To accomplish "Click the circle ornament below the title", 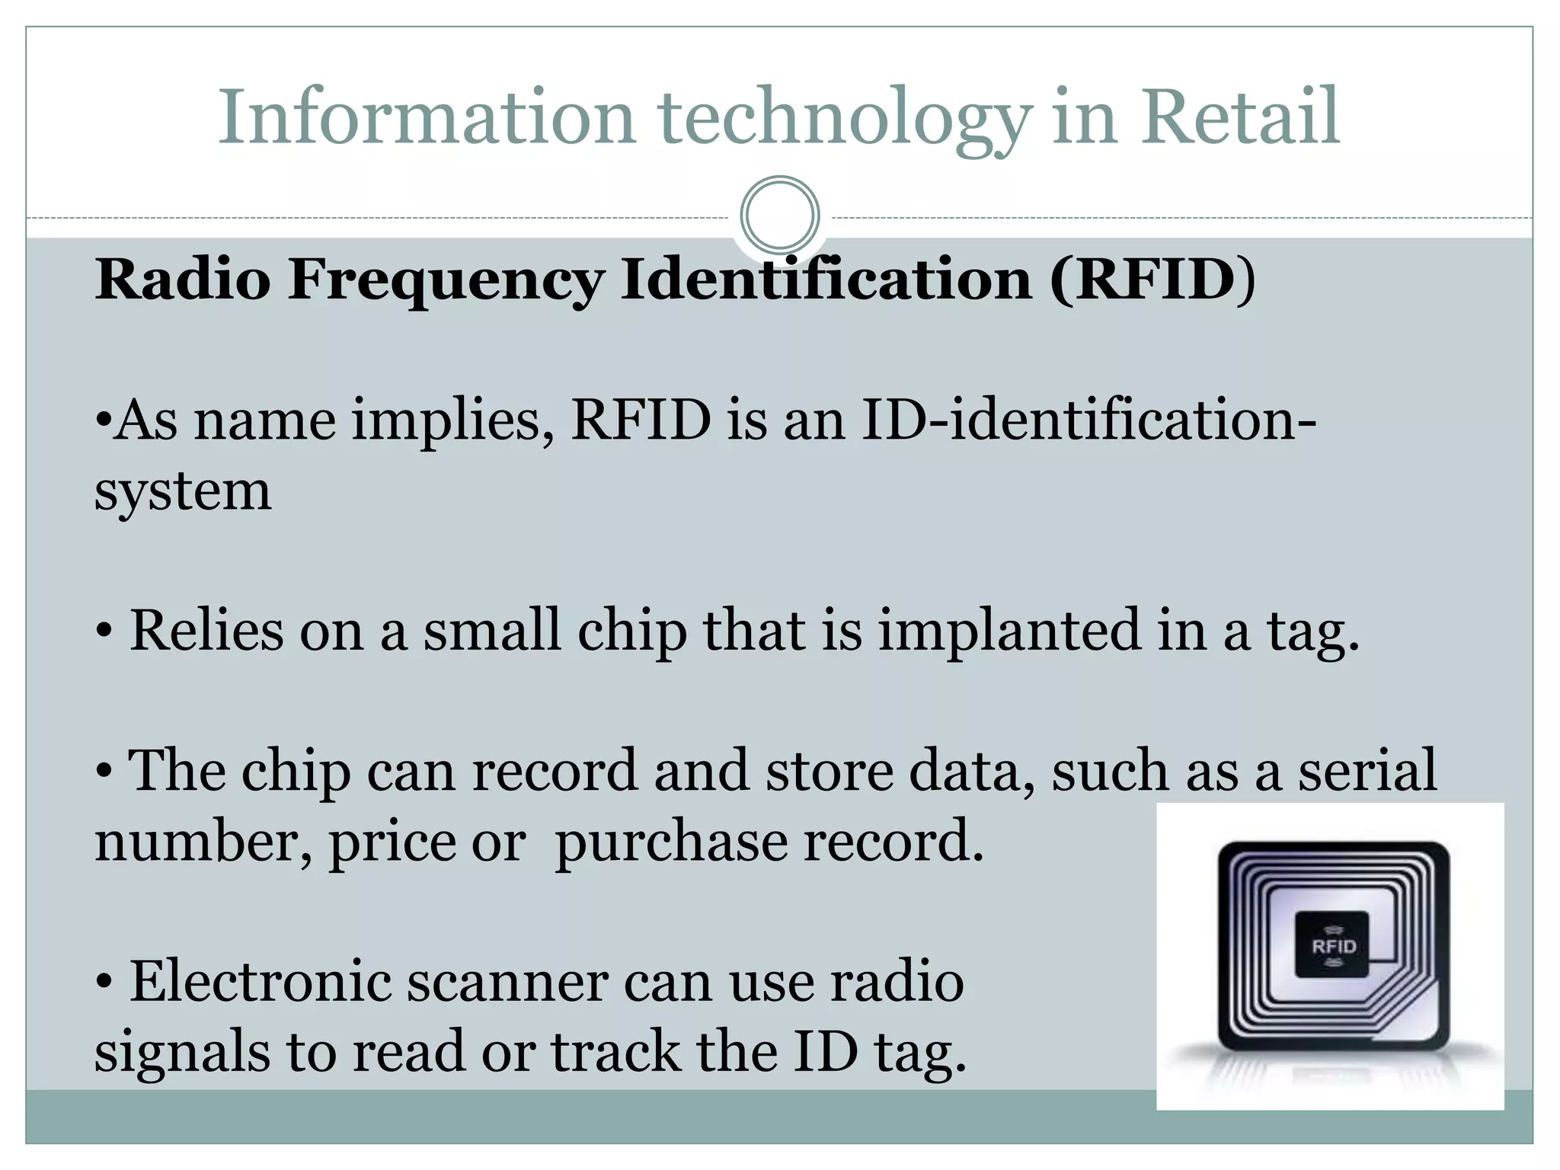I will click(779, 215).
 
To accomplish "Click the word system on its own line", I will click(183, 491).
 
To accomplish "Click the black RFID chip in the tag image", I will click(1332, 945).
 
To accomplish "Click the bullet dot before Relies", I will click(104, 632).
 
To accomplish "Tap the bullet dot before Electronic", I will click(104, 983).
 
